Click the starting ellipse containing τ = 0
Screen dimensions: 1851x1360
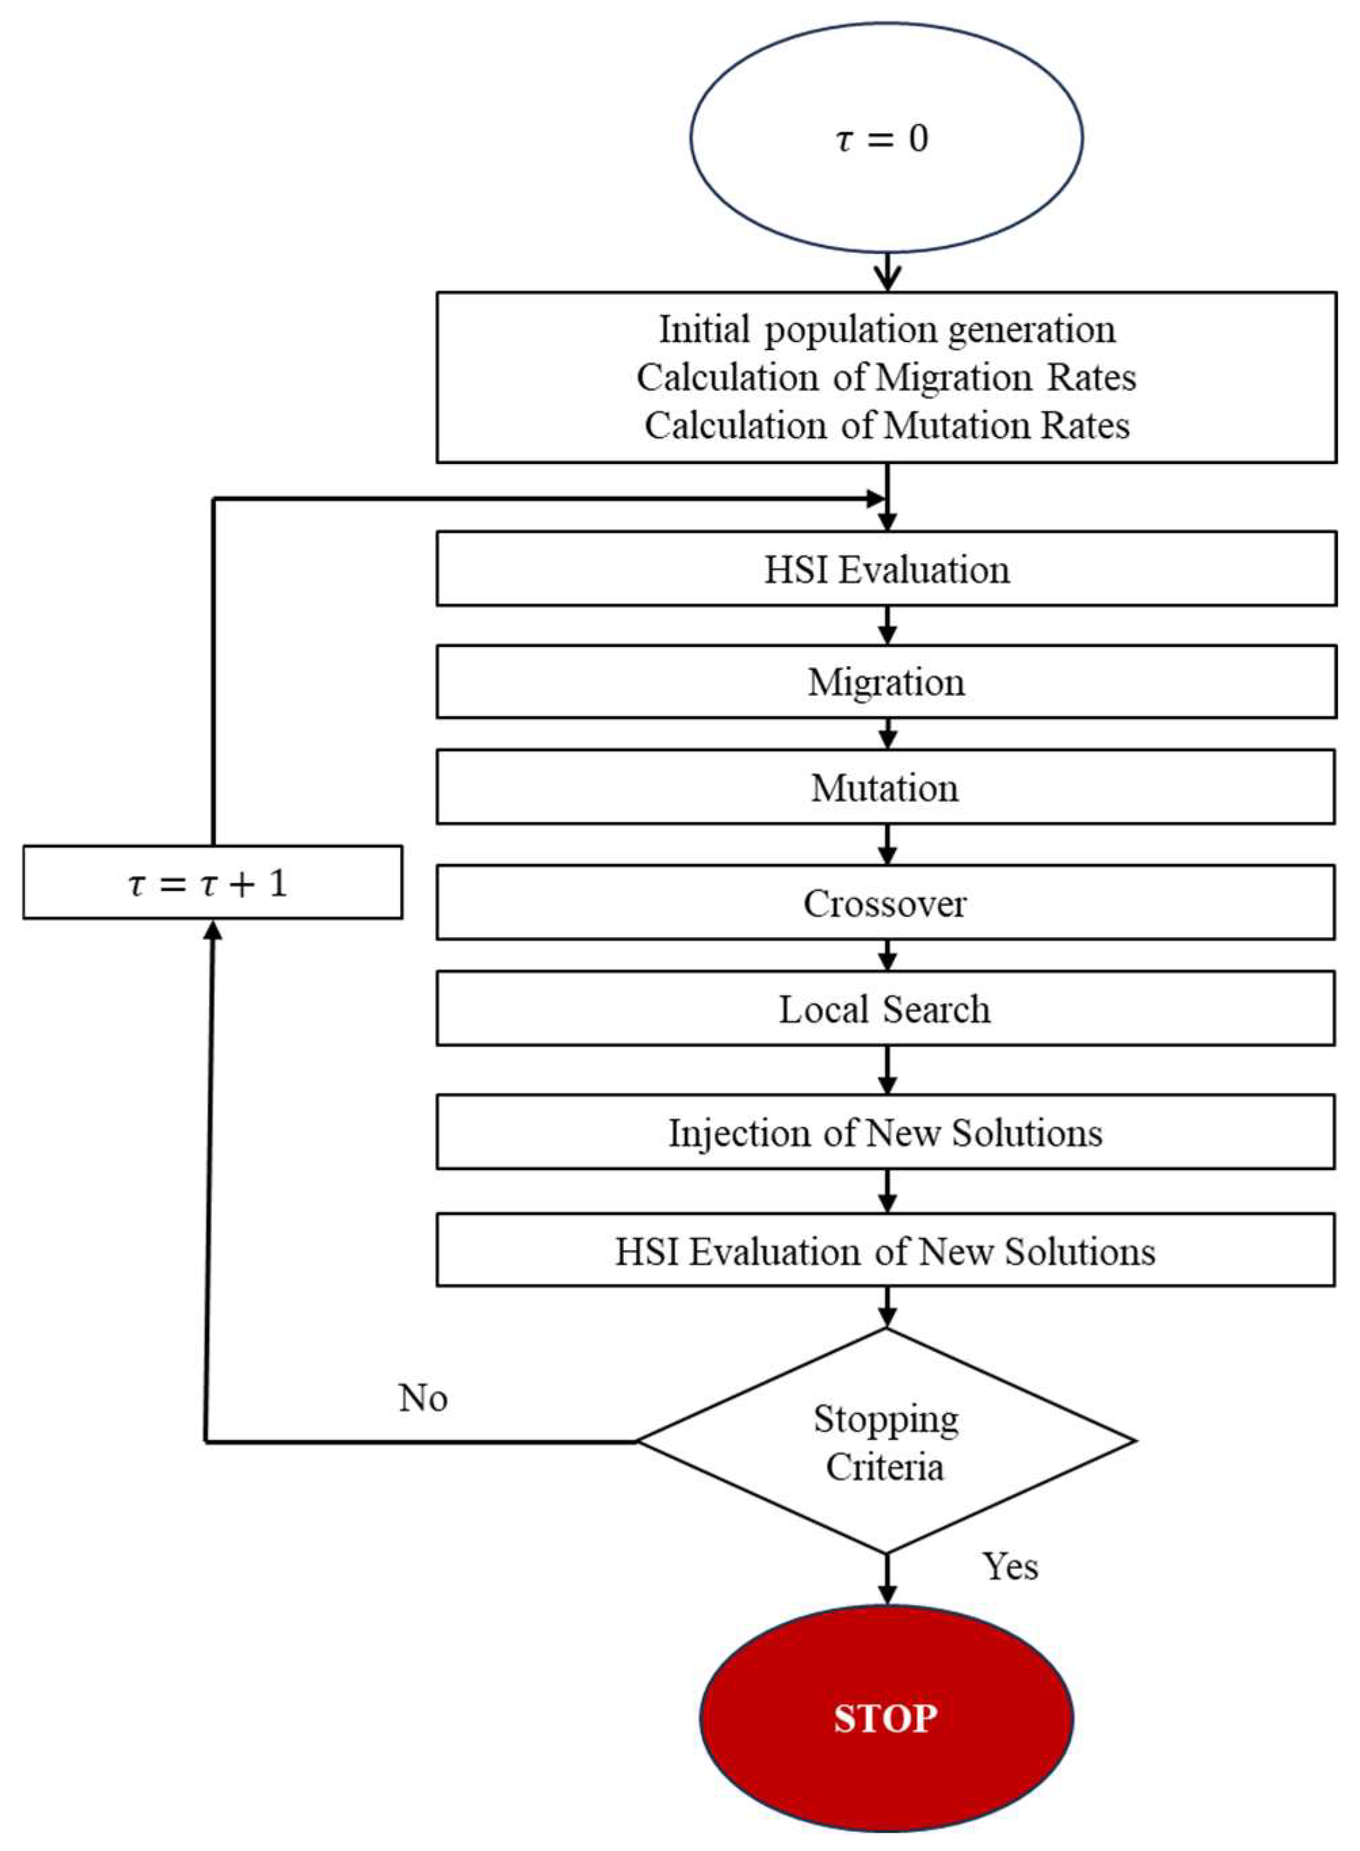(886, 138)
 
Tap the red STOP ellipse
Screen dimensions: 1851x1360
(886, 1718)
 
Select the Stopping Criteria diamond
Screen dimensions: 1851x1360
(886, 1441)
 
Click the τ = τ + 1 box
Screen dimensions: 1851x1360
(213, 883)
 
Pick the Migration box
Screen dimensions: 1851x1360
(886, 682)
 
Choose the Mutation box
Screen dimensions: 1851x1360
(886, 787)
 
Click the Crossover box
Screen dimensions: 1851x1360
(886, 902)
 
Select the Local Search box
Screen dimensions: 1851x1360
(886, 1009)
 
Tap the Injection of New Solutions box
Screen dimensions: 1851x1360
(886, 1132)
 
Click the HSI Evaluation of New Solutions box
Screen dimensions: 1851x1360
(886, 1251)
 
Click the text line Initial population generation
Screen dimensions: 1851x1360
(887, 329)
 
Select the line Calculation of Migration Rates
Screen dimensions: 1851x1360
(886, 378)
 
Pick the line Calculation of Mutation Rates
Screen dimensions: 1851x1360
(887, 425)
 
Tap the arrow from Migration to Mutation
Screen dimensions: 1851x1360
(887, 734)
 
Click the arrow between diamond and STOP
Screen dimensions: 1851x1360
(887, 1579)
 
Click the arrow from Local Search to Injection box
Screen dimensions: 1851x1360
(887, 1070)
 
